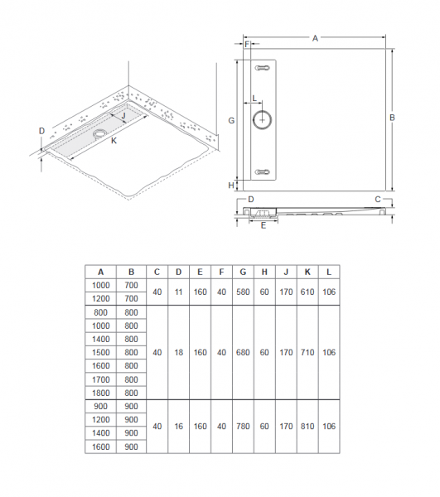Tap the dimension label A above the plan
(315, 38)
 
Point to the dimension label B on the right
(392, 118)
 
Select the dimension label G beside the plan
(231, 120)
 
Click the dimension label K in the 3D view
(114, 141)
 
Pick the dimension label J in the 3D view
(123, 115)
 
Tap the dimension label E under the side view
(264, 225)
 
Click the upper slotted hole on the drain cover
(262, 68)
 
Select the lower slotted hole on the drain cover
(262, 172)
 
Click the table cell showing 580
(243, 292)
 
